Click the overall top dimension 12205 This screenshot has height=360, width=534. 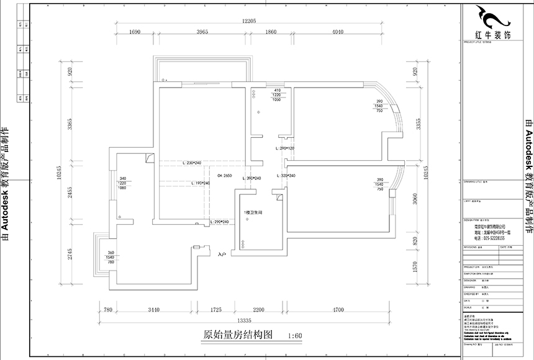click(249, 21)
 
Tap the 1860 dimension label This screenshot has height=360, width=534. click(269, 32)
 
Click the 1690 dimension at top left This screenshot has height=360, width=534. click(136, 32)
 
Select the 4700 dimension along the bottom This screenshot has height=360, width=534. click(338, 309)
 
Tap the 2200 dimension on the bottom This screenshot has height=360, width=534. click(259, 309)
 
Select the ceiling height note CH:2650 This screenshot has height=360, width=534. click(225, 177)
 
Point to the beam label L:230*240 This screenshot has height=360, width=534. click(192, 163)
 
